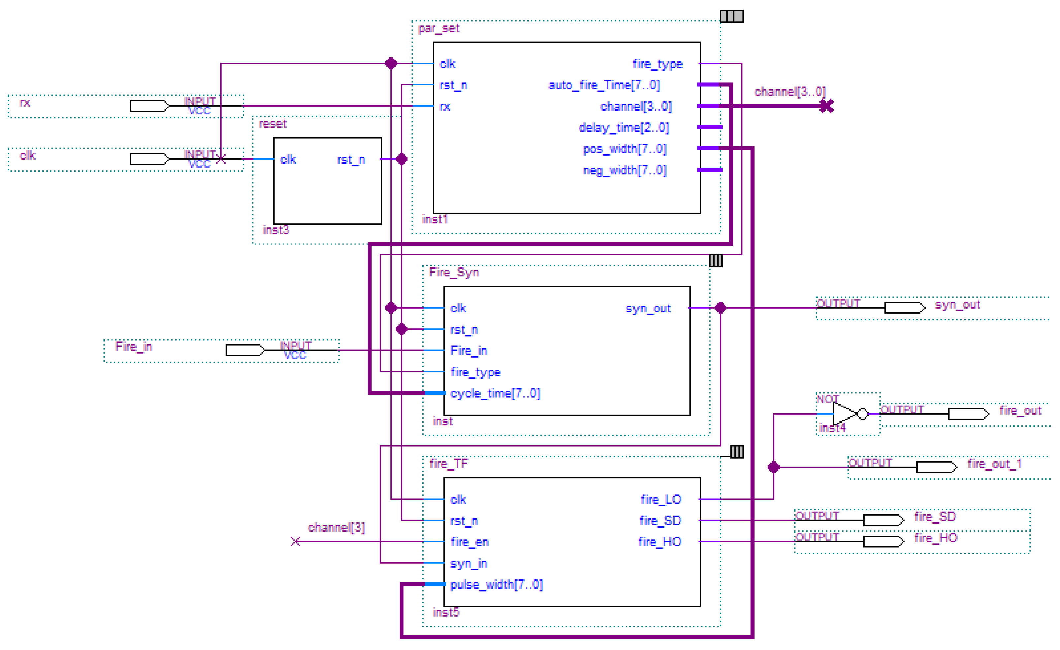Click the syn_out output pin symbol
[x=904, y=308]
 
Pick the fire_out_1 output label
[x=994, y=464]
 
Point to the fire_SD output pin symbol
[x=883, y=520]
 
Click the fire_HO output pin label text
[x=936, y=538]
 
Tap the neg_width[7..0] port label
[x=625, y=170]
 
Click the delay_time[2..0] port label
[x=624, y=128]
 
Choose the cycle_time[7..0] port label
[x=495, y=393]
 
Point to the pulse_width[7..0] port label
[x=497, y=585]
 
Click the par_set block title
[x=438, y=28]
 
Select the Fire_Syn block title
[x=454, y=272]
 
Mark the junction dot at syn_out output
[x=720, y=308]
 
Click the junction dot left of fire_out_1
[x=773, y=467]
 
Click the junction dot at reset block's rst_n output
[x=402, y=159]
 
